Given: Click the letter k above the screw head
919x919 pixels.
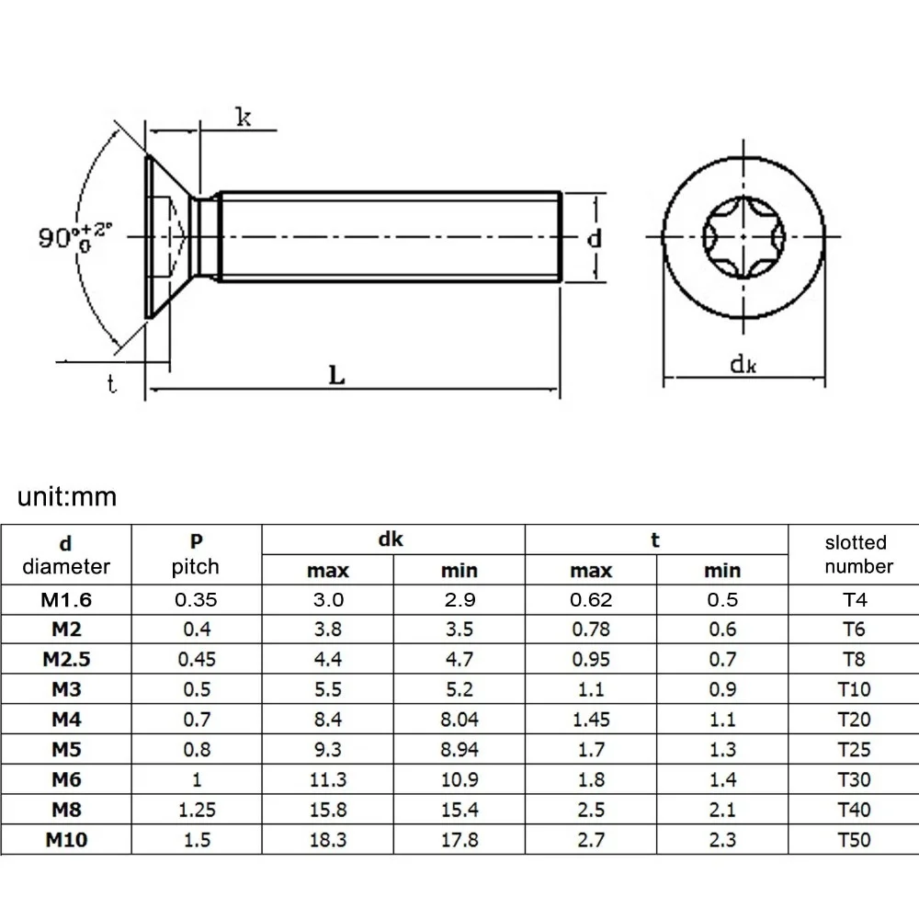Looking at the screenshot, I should [244, 117].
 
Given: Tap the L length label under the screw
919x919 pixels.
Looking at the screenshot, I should [337, 375].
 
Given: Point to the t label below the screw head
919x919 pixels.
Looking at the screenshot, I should [111, 385].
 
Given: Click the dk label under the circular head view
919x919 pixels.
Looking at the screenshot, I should [743, 364].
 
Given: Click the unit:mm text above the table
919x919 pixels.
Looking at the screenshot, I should [68, 497].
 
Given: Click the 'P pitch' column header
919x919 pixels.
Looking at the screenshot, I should [196, 554].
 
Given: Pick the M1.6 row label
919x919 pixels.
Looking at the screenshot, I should [66, 600].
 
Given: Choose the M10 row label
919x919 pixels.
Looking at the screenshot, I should [66, 838].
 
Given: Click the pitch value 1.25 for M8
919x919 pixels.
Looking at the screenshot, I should [196, 809].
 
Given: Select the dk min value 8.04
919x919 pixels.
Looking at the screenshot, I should [459, 720].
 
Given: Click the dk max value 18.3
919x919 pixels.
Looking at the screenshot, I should [328, 838].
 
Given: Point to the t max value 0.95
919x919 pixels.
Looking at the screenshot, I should [590, 660].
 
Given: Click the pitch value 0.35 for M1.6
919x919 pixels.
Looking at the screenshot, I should [196, 600].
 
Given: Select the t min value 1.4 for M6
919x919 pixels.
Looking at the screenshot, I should [721, 779].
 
